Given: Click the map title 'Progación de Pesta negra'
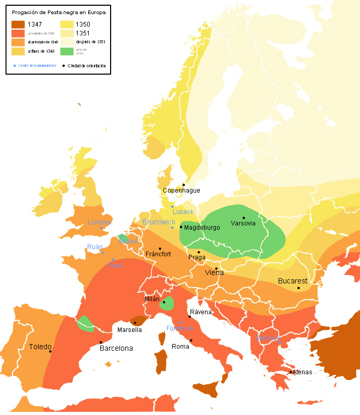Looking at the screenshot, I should click(58, 13).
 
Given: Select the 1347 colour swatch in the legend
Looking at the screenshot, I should click(19, 24).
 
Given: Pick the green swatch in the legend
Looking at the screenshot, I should click(66, 51).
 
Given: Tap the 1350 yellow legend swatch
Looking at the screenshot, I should click(66, 24).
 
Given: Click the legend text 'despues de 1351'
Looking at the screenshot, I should click(91, 42).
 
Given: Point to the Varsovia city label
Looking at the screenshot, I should click(243, 223).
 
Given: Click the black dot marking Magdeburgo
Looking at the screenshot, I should click(181, 227).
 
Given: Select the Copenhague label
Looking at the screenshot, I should click(182, 191).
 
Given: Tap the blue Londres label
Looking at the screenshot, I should click(100, 222).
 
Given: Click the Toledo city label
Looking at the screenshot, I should click(40, 347).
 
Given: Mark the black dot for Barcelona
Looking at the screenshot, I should click(101, 342).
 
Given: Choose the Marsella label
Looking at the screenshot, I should click(129, 329).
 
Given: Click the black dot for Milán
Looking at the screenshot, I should click(164, 302).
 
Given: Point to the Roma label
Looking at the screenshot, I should click(181, 347).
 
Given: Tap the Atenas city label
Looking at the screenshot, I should click(302, 372).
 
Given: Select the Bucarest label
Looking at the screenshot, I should click(293, 280).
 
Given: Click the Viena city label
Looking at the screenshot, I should click(214, 272).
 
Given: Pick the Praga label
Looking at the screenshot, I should click(197, 258).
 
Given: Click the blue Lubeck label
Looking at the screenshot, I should click(183, 211).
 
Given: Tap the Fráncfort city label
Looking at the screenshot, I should click(158, 254).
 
